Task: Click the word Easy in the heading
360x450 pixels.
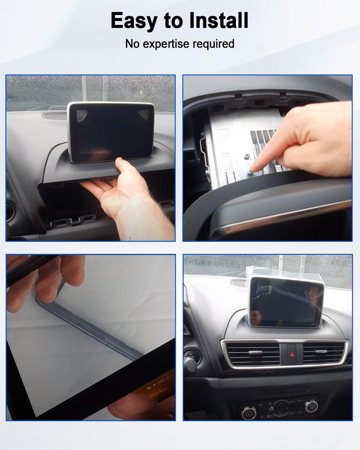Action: [134, 20]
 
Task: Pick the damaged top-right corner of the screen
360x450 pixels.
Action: [143, 115]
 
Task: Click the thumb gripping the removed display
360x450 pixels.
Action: [122, 164]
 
